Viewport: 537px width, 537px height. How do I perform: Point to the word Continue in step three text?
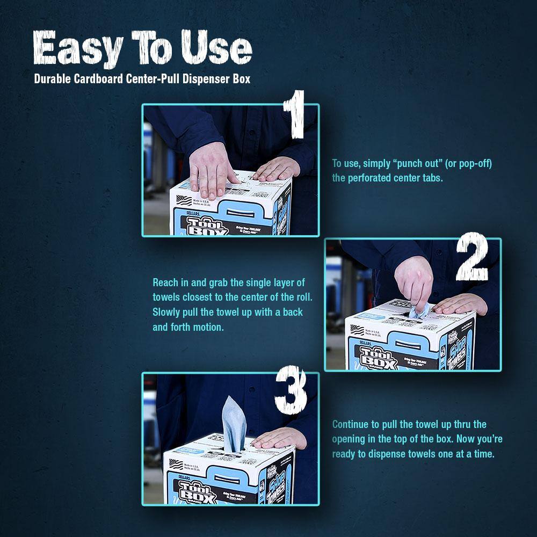click(350, 424)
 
